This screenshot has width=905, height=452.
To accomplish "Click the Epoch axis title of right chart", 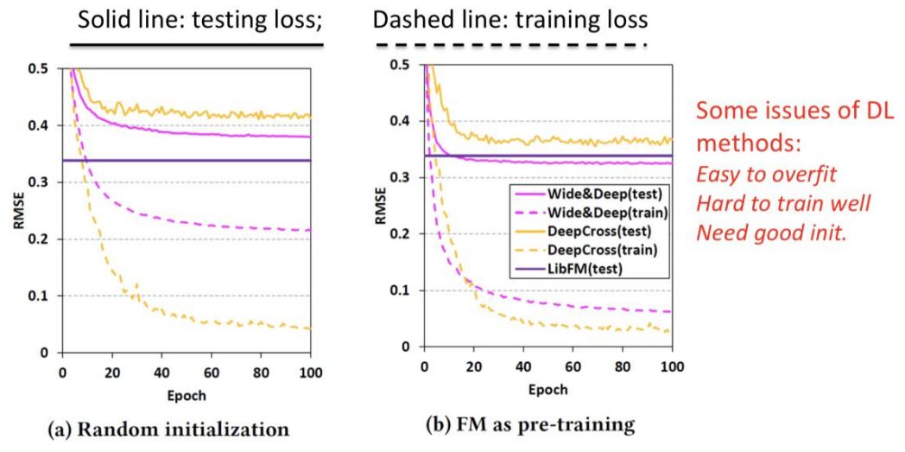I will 547,389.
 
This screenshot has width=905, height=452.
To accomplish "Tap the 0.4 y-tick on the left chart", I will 43,126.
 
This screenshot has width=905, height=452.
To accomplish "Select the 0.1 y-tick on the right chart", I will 401,290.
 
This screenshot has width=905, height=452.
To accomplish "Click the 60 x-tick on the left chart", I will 211,372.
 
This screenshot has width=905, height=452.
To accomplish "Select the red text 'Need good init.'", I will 770,231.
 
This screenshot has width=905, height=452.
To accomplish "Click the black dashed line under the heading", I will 511,44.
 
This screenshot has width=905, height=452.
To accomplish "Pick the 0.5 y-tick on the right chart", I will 401,64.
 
